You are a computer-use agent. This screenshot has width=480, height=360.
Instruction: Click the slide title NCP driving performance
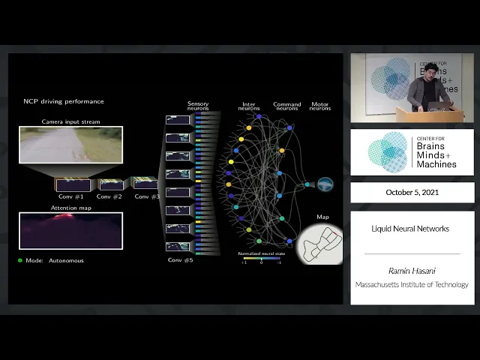(64, 101)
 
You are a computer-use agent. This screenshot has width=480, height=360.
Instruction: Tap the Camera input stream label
(70, 121)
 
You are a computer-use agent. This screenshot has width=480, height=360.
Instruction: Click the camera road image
(70, 145)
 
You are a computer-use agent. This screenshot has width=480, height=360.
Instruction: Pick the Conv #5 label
(179, 259)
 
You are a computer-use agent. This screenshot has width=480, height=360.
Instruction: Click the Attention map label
(70, 208)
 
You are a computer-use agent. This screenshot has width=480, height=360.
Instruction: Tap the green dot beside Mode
(20, 260)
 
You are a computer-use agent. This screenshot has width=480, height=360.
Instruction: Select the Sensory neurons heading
(198, 106)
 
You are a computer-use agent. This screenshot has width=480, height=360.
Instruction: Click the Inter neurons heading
(249, 106)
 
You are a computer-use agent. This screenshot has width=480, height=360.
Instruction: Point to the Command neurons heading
(286, 106)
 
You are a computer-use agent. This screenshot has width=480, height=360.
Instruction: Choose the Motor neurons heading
(320, 106)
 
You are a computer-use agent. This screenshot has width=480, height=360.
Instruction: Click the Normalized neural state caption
(260, 253)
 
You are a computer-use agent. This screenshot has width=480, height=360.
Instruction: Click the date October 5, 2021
(412, 192)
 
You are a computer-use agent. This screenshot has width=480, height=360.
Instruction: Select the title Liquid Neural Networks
(410, 229)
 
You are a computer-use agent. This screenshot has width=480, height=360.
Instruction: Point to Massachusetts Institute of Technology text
(412, 284)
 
